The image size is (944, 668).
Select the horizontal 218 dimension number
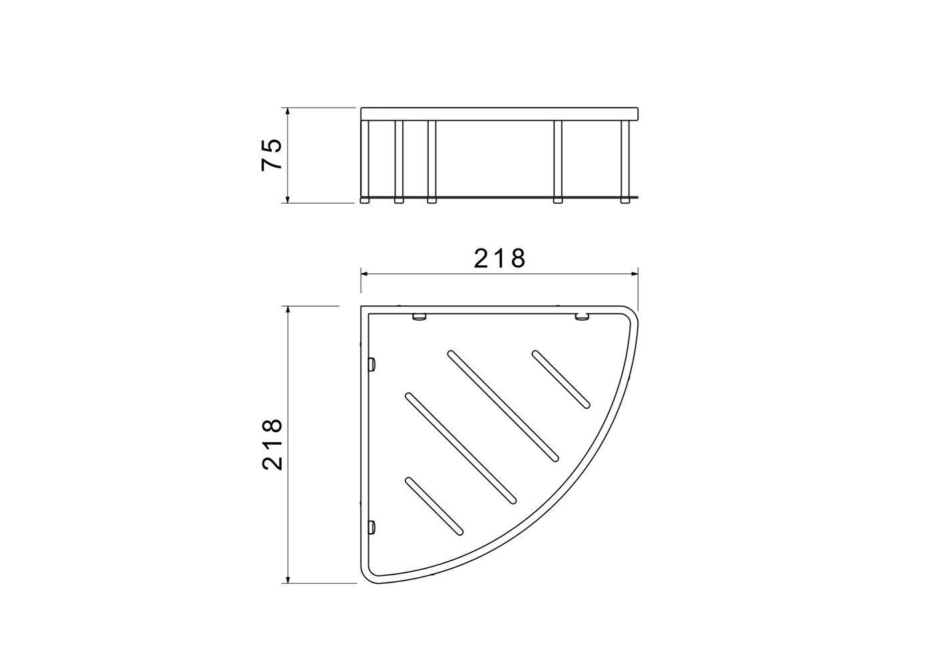click(x=500, y=259)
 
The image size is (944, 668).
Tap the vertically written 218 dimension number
click(x=272, y=444)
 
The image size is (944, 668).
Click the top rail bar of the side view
click(x=500, y=114)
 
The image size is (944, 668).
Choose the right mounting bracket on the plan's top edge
click(x=582, y=317)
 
